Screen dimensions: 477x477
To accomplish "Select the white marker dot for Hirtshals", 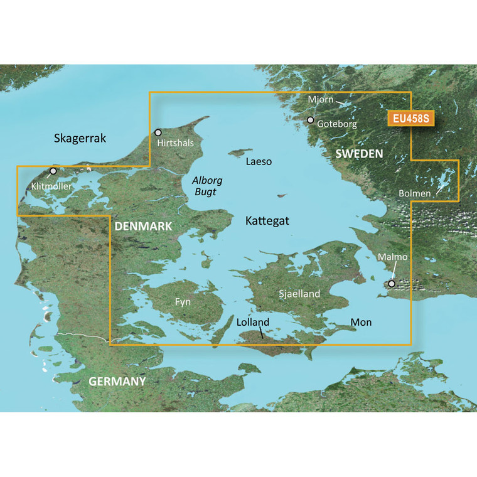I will (158, 132).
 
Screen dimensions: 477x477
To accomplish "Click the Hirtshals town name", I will (176, 144).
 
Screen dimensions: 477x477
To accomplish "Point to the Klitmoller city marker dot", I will (53, 171).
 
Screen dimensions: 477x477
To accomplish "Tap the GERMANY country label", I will (117, 381).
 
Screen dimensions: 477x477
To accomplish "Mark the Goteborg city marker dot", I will (310, 120).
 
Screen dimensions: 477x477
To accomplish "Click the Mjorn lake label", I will (321, 99).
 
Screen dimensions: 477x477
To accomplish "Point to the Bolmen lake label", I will (414, 193).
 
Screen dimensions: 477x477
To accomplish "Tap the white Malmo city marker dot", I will (392, 284).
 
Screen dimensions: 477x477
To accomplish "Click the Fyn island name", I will (183, 302).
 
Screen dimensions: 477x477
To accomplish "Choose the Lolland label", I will (254, 323).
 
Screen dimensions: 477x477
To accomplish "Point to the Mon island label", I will (361, 322).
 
